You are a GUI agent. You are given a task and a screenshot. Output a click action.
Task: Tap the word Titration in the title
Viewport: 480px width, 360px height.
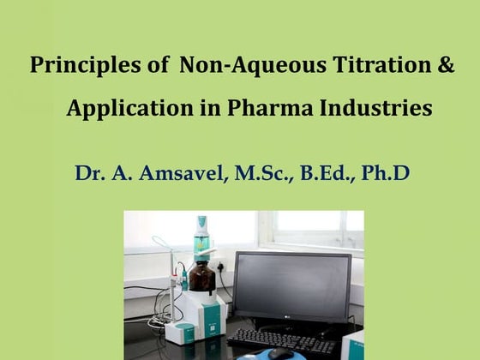click(x=377, y=67)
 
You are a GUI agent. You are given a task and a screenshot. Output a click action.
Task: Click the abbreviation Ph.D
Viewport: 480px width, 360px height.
click(x=385, y=173)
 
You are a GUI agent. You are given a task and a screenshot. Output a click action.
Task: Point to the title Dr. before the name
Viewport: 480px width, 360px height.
click(x=89, y=173)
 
